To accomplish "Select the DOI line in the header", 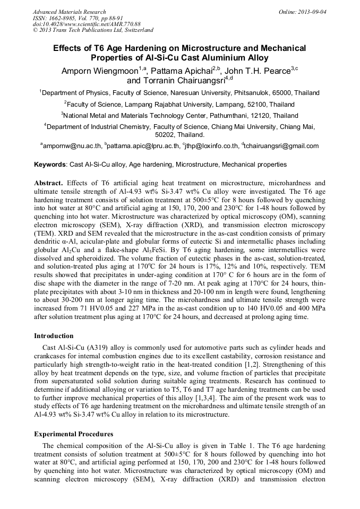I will coord(87,24).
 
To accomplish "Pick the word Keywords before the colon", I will coord(50,165).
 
